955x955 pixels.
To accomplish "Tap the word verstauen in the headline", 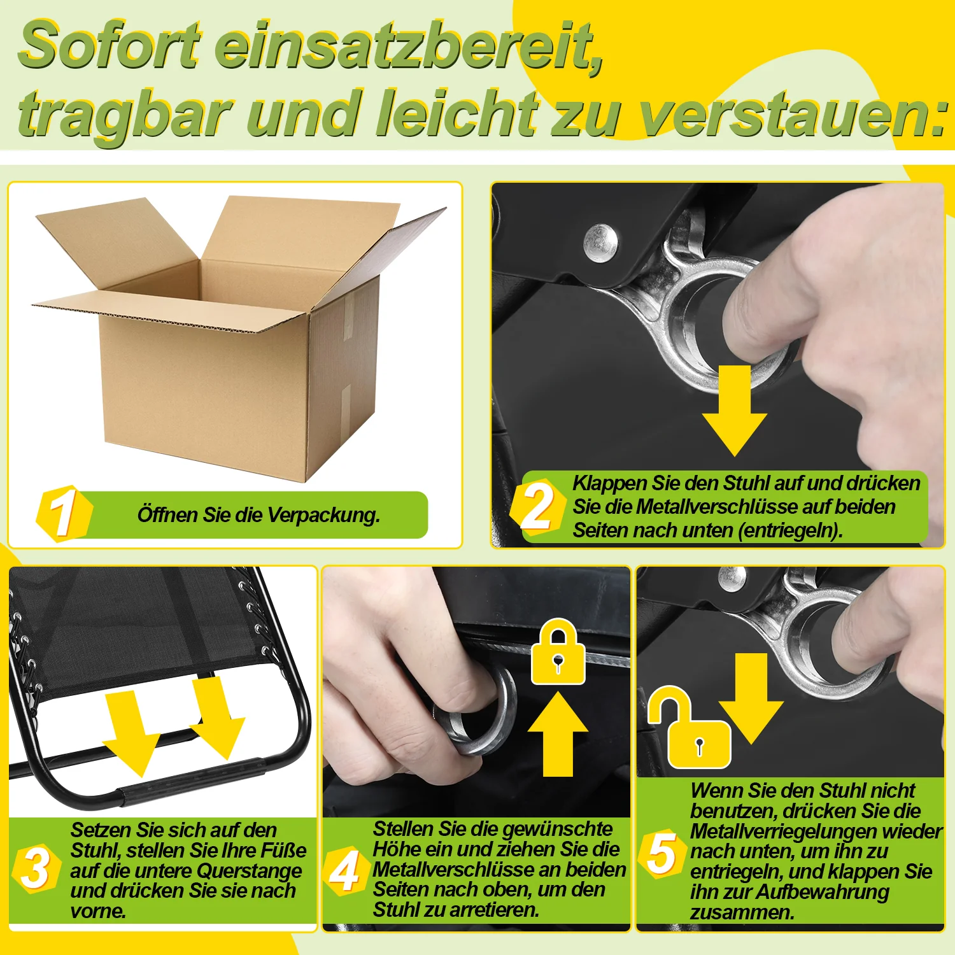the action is [789, 116].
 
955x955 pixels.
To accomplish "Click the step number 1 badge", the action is [64, 514].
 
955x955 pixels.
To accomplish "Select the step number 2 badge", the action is [537, 507].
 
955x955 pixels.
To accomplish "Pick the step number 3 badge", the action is [36, 868].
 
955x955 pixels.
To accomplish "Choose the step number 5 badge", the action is [662, 853].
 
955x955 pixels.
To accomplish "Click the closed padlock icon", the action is [558, 652].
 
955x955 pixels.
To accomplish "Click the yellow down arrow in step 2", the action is [735, 411].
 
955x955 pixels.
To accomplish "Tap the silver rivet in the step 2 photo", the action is [600, 241].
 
